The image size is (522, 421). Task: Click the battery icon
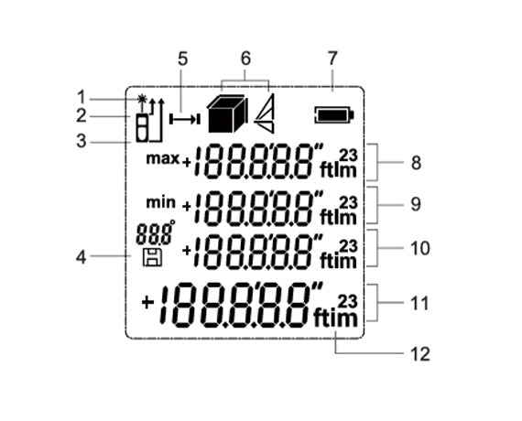point(334,115)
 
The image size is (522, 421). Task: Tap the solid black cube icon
point(227,114)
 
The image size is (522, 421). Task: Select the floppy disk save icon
point(152,257)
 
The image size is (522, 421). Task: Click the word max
point(163,159)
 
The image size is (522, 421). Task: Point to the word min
point(160,202)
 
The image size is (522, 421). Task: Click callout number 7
point(332,59)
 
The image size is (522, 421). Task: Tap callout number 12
point(420,354)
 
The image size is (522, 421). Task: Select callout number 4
point(81,257)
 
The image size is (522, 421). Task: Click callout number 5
point(182,59)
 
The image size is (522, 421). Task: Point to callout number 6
point(245,59)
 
